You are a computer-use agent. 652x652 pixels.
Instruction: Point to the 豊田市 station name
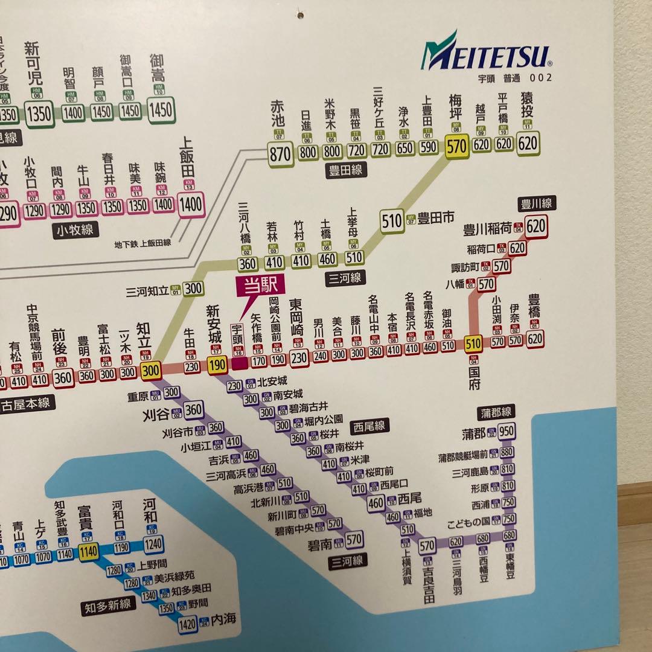click(x=436, y=219)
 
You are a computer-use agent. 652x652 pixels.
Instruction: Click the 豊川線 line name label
click(x=536, y=204)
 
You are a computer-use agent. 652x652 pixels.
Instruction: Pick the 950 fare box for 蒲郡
click(x=507, y=431)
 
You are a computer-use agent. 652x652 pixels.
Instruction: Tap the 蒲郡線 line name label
click(x=496, y=412)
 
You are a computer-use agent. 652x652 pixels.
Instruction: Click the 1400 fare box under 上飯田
click(x=190, y=204)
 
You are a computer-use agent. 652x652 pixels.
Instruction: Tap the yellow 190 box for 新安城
click(x=217, y=364)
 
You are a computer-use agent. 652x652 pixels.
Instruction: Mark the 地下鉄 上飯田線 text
click(x=142, y=243)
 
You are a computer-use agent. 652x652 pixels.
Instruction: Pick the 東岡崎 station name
click(x=297, y=318)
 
